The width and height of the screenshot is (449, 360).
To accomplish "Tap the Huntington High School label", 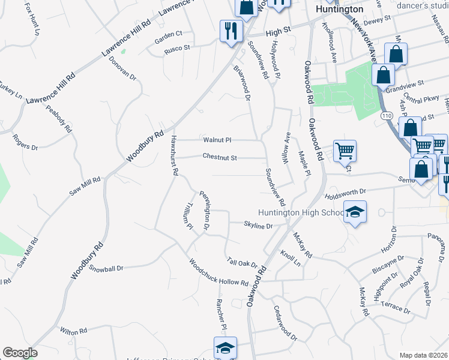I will [x=301, y=212].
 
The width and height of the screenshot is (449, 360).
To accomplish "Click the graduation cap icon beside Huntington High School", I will [x=355, y=212].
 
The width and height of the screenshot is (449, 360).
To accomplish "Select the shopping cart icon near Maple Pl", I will [x=345, y=151].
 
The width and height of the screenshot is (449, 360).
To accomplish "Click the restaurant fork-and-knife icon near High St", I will [x=231, y=31].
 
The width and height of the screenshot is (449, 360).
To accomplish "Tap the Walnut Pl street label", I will [x=217, y=140].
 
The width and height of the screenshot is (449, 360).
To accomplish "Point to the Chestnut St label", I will [x=220, y=158].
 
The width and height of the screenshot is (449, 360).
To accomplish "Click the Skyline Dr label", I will [x=258, y=226].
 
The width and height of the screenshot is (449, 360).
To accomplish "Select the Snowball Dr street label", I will [x=106, y=268].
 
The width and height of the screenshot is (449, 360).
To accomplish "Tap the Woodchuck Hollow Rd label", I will [x=218, y=272].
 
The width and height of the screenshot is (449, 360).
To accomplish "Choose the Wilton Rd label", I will [x=74, y=331].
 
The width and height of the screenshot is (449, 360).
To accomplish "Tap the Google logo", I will [x=20, y=353].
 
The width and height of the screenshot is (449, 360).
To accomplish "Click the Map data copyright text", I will [x=423, y=355].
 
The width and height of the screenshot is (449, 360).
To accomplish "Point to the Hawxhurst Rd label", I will [x=173, y=154].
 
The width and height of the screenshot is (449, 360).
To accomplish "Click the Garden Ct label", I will [x=168, y=34].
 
